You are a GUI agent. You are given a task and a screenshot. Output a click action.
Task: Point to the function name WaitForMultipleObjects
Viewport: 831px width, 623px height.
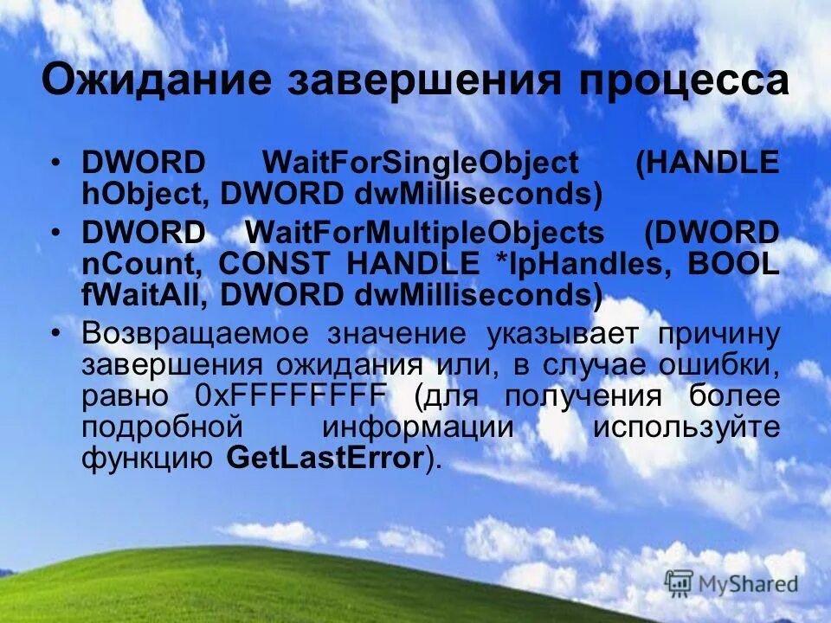point(425,233)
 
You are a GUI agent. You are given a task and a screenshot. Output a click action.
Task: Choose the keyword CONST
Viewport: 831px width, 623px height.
point(274,264)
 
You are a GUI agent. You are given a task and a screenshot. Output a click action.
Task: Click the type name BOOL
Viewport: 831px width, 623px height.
point(733,264)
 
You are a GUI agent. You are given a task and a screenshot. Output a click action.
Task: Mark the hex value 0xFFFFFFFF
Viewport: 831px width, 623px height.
point(291,397)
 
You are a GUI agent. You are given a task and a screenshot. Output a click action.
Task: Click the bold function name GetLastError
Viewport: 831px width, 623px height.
point(324,459)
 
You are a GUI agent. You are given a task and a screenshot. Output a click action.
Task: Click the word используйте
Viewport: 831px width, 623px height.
point(686,428)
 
